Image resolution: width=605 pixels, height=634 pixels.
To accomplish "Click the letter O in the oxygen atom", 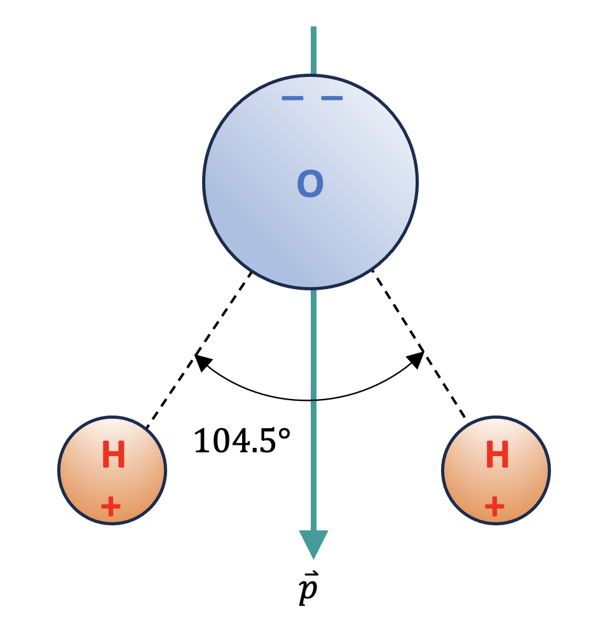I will coord(311,184).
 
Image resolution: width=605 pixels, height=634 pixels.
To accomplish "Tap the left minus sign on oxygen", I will coord(292,98).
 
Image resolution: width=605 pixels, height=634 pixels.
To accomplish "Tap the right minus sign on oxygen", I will coord(332,98).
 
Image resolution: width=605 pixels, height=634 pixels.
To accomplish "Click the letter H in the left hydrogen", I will coord(113,456).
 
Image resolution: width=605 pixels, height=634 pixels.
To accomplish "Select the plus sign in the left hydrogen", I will coord(111,506).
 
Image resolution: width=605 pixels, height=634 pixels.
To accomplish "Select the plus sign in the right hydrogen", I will coord(494,506).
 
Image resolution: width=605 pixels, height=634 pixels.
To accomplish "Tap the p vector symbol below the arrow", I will coord(309,591).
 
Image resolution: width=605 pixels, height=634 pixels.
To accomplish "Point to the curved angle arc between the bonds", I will coord(267,394).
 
